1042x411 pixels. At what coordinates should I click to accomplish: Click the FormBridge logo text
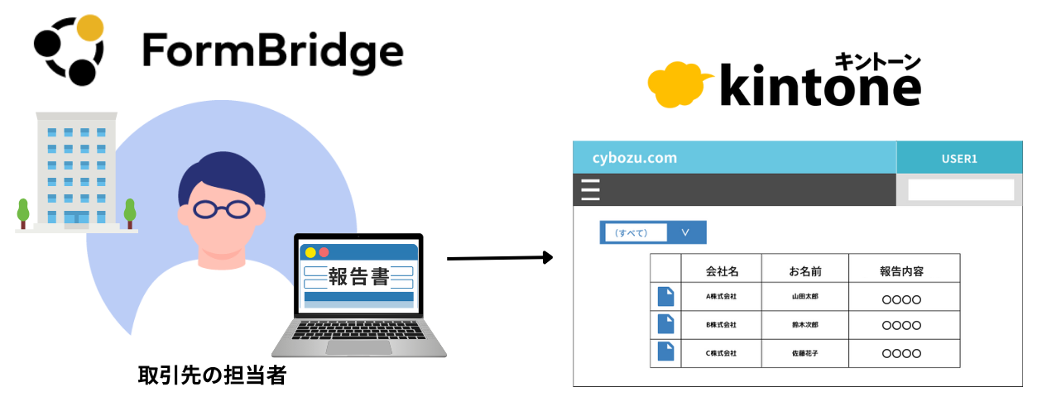[x=272, y=51]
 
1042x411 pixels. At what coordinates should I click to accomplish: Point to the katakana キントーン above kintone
[x=877, y=60]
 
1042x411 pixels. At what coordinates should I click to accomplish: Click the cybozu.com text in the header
[x=635, y=158]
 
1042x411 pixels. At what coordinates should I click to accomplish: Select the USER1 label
[x=959, y=158]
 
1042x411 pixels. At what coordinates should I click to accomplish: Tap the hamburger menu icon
[x=590, y=190]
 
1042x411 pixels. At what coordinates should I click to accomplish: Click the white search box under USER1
[x=960, y=190]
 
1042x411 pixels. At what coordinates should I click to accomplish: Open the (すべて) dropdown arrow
[x=685, y=232]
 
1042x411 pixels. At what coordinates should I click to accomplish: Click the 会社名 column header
[x=721, y=270]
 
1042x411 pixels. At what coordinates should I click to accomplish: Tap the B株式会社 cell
[x=721, y=325]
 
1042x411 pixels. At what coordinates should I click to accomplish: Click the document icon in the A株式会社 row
[x=665, y=297]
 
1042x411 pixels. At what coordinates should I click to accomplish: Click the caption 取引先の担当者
[x=212, y=376]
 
